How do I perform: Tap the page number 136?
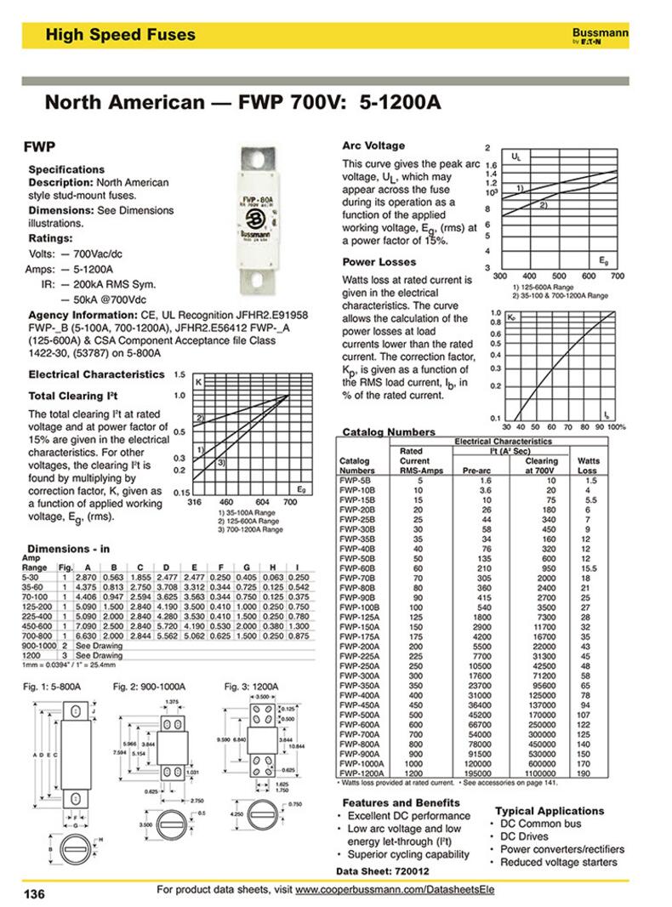click(34, 893)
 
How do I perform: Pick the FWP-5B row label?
click(352, 481)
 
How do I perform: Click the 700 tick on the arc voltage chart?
click(618, 277)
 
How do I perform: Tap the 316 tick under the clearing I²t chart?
click(194, 503)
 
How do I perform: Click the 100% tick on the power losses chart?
click(616, 426)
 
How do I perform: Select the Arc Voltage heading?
click(373, 145)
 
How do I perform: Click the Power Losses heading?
click(379, 262)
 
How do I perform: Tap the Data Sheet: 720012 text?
click(377, 872)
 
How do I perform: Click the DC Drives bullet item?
click(524, 836)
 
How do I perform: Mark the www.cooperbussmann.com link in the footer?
click(396, 889)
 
